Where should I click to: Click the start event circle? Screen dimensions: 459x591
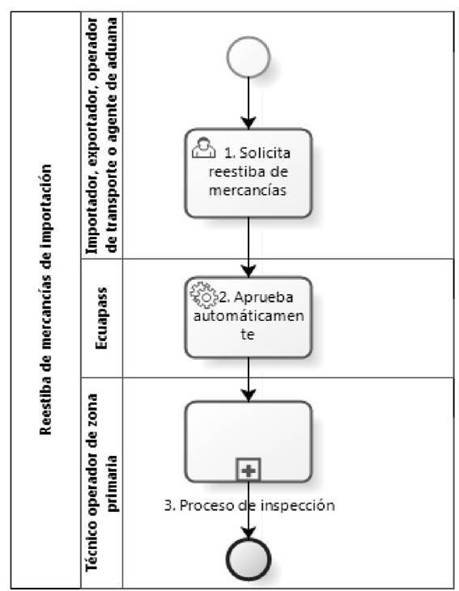(x=249, y=57)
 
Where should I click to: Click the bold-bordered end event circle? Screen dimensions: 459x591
(x=249, y=559)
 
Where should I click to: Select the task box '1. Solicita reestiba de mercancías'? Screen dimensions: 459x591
(x=249, y=173)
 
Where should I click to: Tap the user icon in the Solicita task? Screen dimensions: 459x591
(x=203, y=147)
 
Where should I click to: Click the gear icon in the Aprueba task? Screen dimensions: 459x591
(x=204, y=295)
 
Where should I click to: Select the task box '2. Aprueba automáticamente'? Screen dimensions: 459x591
(x=249, y=318)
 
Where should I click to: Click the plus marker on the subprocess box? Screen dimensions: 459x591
(x=249, y=470)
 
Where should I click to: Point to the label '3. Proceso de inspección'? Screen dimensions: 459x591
(x=249, y=505)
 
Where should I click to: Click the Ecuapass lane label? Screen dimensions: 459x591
(x=101, y=318)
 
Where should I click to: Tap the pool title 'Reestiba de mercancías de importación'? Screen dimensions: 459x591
(x=45, y=299)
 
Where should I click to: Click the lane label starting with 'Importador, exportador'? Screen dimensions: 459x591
(x=102, y=135)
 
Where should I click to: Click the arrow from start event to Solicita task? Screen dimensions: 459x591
(x=249, y=103)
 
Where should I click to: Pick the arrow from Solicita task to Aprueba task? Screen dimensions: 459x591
(x=249, y=247)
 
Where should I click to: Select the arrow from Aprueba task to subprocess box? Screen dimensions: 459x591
(x=249, y=379)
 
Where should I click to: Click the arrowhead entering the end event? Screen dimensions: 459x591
(x=249, y=533)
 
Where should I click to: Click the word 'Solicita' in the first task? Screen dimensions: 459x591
(x=265, y=153)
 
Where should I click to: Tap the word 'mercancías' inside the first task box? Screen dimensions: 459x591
(x=248, y=190)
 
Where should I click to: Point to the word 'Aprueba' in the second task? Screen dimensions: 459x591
(x=264, y=298)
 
